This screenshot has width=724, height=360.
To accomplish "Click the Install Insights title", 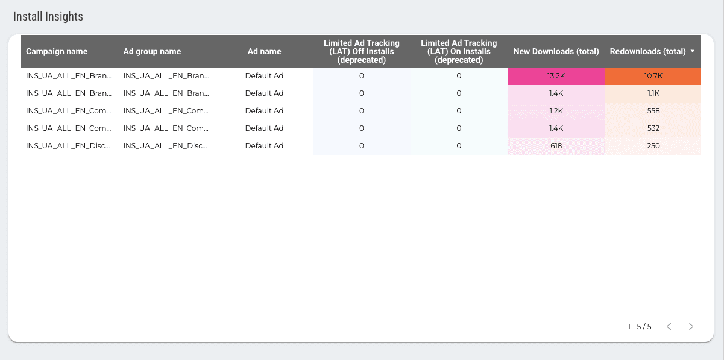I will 48,17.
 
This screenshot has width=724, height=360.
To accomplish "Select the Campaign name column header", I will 57,52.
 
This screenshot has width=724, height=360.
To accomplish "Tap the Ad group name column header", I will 152,52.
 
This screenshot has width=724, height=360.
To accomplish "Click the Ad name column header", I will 264,52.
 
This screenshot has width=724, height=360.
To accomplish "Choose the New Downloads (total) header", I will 556,52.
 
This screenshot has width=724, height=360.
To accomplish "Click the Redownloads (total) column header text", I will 647,52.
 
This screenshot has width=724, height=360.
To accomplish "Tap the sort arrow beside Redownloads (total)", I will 693,51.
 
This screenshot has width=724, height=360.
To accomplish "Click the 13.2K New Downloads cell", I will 555,76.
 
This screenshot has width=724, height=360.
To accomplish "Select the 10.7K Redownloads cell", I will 653,76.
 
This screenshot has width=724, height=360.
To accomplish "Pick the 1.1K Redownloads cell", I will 653,93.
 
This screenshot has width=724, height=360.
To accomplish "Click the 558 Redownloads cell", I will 653,111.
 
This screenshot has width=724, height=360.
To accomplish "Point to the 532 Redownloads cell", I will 653,128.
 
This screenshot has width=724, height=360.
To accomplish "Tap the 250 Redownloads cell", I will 653,146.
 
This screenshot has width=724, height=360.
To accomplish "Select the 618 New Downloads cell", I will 555,146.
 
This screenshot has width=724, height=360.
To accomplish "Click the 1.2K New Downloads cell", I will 555,111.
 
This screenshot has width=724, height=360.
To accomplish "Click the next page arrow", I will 691,327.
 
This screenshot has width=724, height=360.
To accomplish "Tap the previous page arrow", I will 669,327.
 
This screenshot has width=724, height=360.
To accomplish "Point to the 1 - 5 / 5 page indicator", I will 639,327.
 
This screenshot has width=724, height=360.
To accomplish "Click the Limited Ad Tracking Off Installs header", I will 361,52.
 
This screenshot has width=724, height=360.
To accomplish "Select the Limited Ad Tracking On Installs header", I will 459,52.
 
